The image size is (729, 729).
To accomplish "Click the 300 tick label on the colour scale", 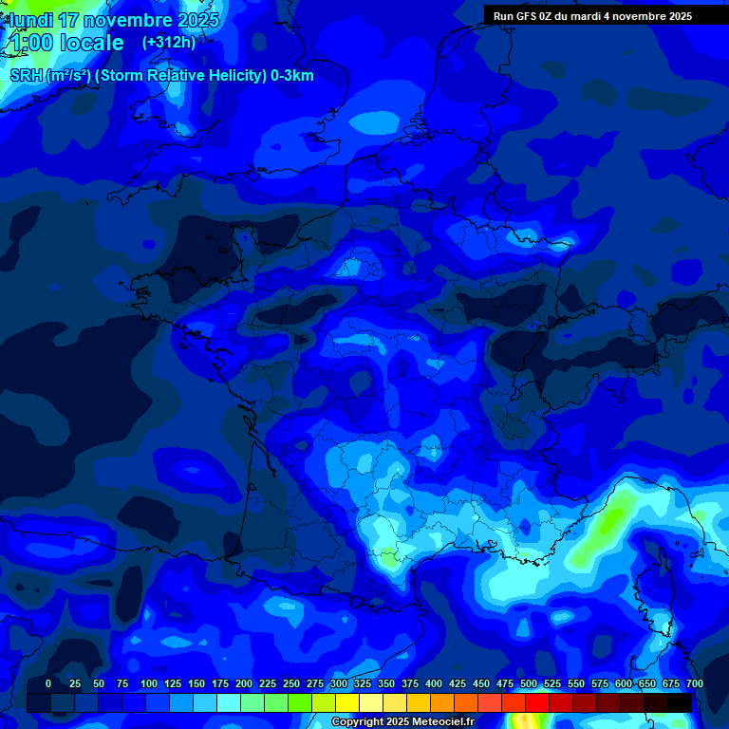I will pyautogui.click(x=339, y=683).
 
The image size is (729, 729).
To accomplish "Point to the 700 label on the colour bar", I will pyautogui.click(x=694, y=683).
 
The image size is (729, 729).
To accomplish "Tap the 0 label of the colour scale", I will pyautogui.click(x=48, y=683).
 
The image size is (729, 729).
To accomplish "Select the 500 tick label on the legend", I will pyautogui.click(x=529, y=683).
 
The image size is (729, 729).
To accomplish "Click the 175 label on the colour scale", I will pyautogui.click(x=220, y=683).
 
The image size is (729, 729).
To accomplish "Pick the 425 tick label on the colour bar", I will pyautogui.click(x=458, y=683).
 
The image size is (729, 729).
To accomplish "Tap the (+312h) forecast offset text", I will pyautogui.click(x=169, y=42).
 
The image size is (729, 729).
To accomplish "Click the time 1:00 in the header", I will pyautogui.click(x=31, y=43).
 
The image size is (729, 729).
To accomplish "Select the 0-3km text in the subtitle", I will pyautogui.click(x=291, y=76).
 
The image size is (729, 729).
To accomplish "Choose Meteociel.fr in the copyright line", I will pyautogui.click(x=439, y=722).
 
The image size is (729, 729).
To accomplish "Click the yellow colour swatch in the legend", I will pyautogui.click(x=347, y=702).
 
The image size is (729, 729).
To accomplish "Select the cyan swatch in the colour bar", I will pyautogui.click(x=229, y=702).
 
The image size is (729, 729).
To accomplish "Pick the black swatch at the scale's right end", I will pyautogui.click(x=680, y=702).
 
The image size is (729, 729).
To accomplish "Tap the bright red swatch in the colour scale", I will pyautogui.click(x=537, y=702).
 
